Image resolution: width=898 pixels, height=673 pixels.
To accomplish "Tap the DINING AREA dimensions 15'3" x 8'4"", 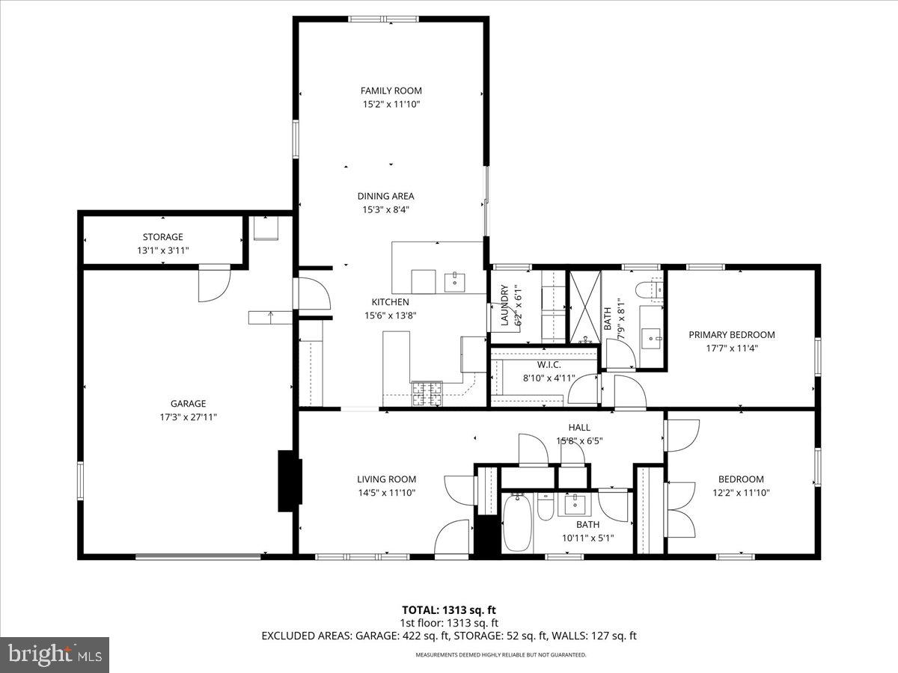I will pos(386,210).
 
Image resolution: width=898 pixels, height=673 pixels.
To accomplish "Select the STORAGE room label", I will pos(162,237).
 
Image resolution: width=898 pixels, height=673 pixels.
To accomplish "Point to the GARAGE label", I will pos(187,404).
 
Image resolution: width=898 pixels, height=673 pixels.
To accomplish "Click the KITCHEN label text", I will pos(390,301).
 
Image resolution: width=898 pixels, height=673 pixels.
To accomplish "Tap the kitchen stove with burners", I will pos(427,393).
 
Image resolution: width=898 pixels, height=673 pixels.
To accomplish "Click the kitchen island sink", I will pos(454,282).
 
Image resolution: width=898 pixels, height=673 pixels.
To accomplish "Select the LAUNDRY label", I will pos(504,305).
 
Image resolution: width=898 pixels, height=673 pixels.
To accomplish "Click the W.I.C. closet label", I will pos(549,365).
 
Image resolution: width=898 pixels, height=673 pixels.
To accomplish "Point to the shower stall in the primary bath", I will pos(584,307).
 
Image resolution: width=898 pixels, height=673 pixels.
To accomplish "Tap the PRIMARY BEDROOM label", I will pos(731,335).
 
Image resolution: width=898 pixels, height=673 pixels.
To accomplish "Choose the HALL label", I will pos(578,428).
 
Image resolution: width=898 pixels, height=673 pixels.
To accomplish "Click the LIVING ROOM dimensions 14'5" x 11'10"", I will pos(385,493).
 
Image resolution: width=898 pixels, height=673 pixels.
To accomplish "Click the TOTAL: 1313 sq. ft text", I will pos(448,609).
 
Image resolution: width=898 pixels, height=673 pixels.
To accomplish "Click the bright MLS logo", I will pos(55,654).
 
